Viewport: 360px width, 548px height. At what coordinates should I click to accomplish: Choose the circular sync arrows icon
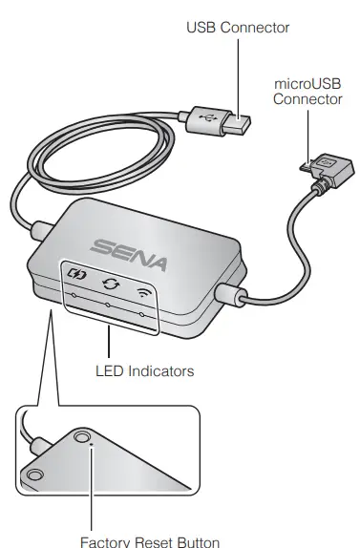click(x=109, y=284)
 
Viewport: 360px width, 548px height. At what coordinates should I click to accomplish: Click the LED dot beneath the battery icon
click(x=72, y=296)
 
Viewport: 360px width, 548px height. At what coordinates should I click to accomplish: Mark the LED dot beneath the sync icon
click(x=107, y=306)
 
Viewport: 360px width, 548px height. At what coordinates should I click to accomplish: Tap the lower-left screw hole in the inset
click(x=35, y=474)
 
